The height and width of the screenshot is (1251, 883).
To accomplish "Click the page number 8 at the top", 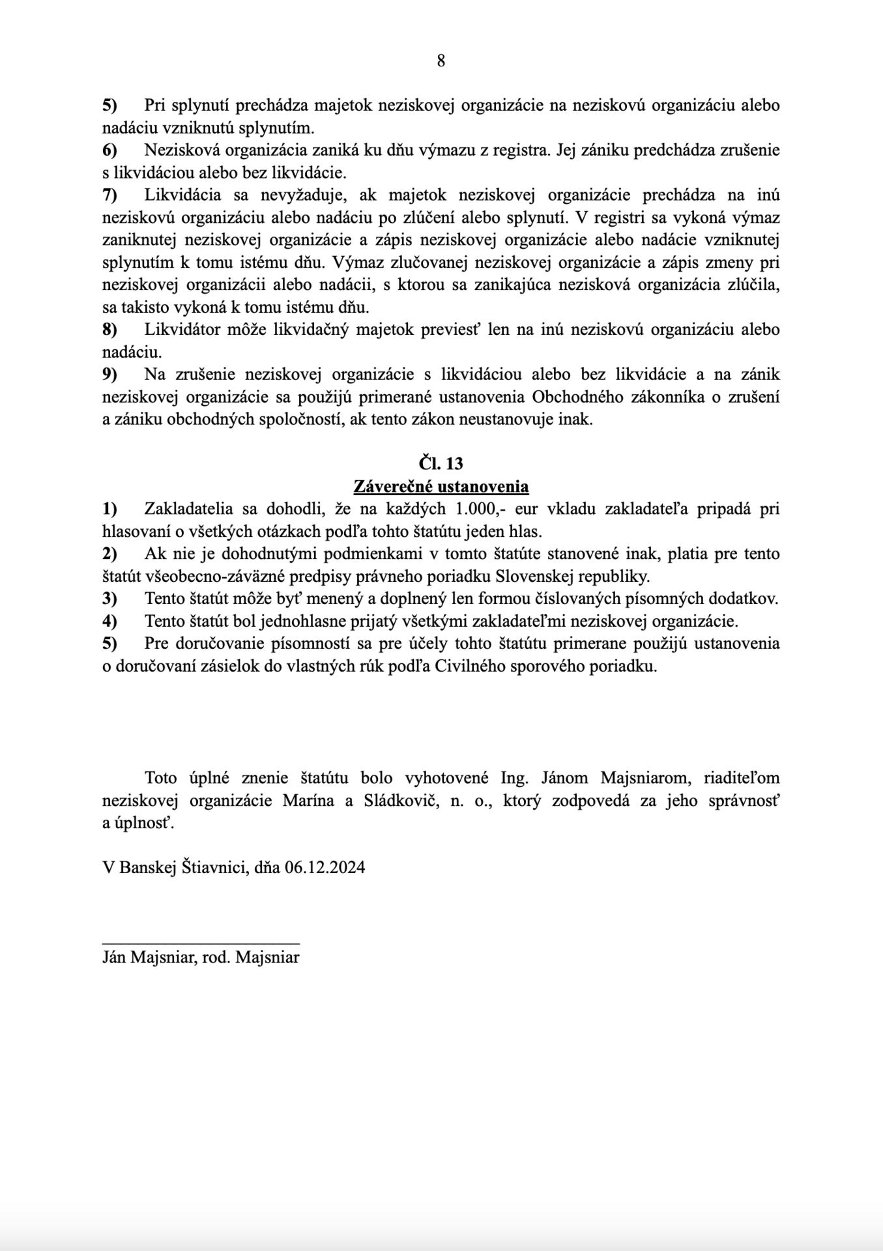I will pos(441,61).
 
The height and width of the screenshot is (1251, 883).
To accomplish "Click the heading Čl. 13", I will pos(441,463).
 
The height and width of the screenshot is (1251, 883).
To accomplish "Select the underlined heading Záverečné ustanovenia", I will pos(441,487).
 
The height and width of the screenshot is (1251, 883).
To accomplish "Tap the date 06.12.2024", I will pos(325,867).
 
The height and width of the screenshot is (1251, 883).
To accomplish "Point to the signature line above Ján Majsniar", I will pos(201,943).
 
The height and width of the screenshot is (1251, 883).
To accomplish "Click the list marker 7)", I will pos(109,195).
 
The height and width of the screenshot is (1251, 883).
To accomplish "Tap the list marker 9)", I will pos(109,374).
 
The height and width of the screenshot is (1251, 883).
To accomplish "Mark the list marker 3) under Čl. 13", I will pos(109,598).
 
